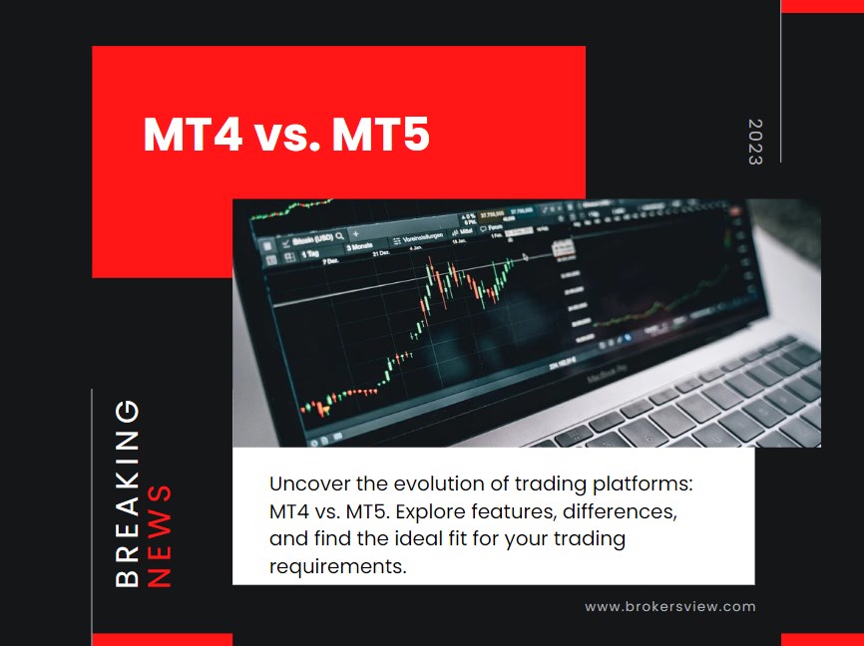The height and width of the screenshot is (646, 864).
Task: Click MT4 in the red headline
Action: tap(193, 135)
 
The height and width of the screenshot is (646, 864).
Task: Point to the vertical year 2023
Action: tap(754, 142)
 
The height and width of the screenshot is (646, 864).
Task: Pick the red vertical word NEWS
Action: tap(160, 535)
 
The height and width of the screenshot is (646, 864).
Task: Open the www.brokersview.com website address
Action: tap(669, 606)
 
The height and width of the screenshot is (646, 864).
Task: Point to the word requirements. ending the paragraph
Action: tap(338, 567)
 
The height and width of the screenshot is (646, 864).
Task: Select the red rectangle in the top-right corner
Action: tap(822, 6)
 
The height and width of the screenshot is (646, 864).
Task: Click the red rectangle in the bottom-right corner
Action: tap(822, 639)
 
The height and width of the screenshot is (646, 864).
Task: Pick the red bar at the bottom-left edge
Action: tap(162, 639)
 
